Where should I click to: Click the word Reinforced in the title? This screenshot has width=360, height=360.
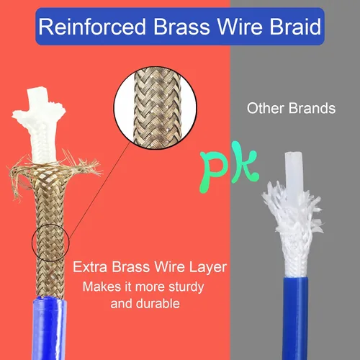[x=92, y=27]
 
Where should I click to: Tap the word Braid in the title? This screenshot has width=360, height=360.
[x=295, y=27]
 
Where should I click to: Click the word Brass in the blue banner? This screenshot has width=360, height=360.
[x=181, y=27]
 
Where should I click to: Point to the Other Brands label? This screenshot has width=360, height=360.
[x=291, y=108]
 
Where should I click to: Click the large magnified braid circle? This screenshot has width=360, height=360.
[x=155, y=108]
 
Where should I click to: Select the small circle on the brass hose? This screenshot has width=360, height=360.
[x=50, y=243]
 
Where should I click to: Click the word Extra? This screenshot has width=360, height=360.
[x=90, y=267]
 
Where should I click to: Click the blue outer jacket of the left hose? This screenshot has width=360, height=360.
[x=49, y=329]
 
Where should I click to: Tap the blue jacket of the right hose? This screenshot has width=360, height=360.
[x=296, y=319]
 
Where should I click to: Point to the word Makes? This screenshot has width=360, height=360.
[x=102, y=287]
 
